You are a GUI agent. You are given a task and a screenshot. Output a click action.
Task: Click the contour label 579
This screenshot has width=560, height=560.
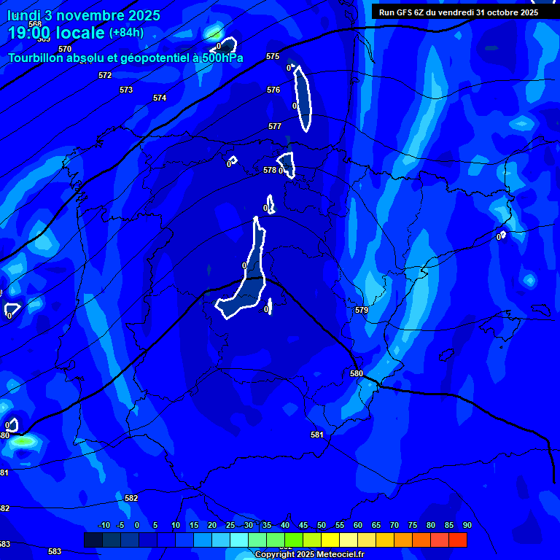[362, 310]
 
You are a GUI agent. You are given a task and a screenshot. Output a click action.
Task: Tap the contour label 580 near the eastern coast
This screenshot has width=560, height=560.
[357, 373]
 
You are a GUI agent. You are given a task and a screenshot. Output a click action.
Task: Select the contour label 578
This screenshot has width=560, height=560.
[269, 170]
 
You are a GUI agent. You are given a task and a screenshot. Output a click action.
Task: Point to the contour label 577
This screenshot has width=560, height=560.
[275, 126]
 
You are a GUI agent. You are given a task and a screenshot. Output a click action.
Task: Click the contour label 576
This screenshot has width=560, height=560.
[273, 90]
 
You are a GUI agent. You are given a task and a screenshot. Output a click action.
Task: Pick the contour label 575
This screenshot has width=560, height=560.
[273, 56]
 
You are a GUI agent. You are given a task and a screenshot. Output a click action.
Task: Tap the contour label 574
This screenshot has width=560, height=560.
[160, 98]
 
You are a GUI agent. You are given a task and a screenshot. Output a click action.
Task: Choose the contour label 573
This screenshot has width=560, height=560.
[126, 90]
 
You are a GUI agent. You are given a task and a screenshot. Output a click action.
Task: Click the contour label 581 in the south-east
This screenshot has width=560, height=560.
[317, 435]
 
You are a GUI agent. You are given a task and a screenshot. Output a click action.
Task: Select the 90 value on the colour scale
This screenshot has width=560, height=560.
[467, 525]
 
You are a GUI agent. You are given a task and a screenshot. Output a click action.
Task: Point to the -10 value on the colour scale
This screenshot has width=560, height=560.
[104, 525]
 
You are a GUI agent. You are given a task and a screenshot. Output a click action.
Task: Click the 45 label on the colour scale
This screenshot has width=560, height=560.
[303, 525]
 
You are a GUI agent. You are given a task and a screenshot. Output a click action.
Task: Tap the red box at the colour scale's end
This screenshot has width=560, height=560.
[458, 540]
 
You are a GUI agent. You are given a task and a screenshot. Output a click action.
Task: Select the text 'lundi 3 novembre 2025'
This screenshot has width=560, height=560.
[83, 15]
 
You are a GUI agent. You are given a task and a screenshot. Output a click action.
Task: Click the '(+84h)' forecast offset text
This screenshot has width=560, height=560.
[126, 33]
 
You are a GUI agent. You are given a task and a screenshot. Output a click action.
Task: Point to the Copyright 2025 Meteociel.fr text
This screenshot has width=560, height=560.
[309, 554]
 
